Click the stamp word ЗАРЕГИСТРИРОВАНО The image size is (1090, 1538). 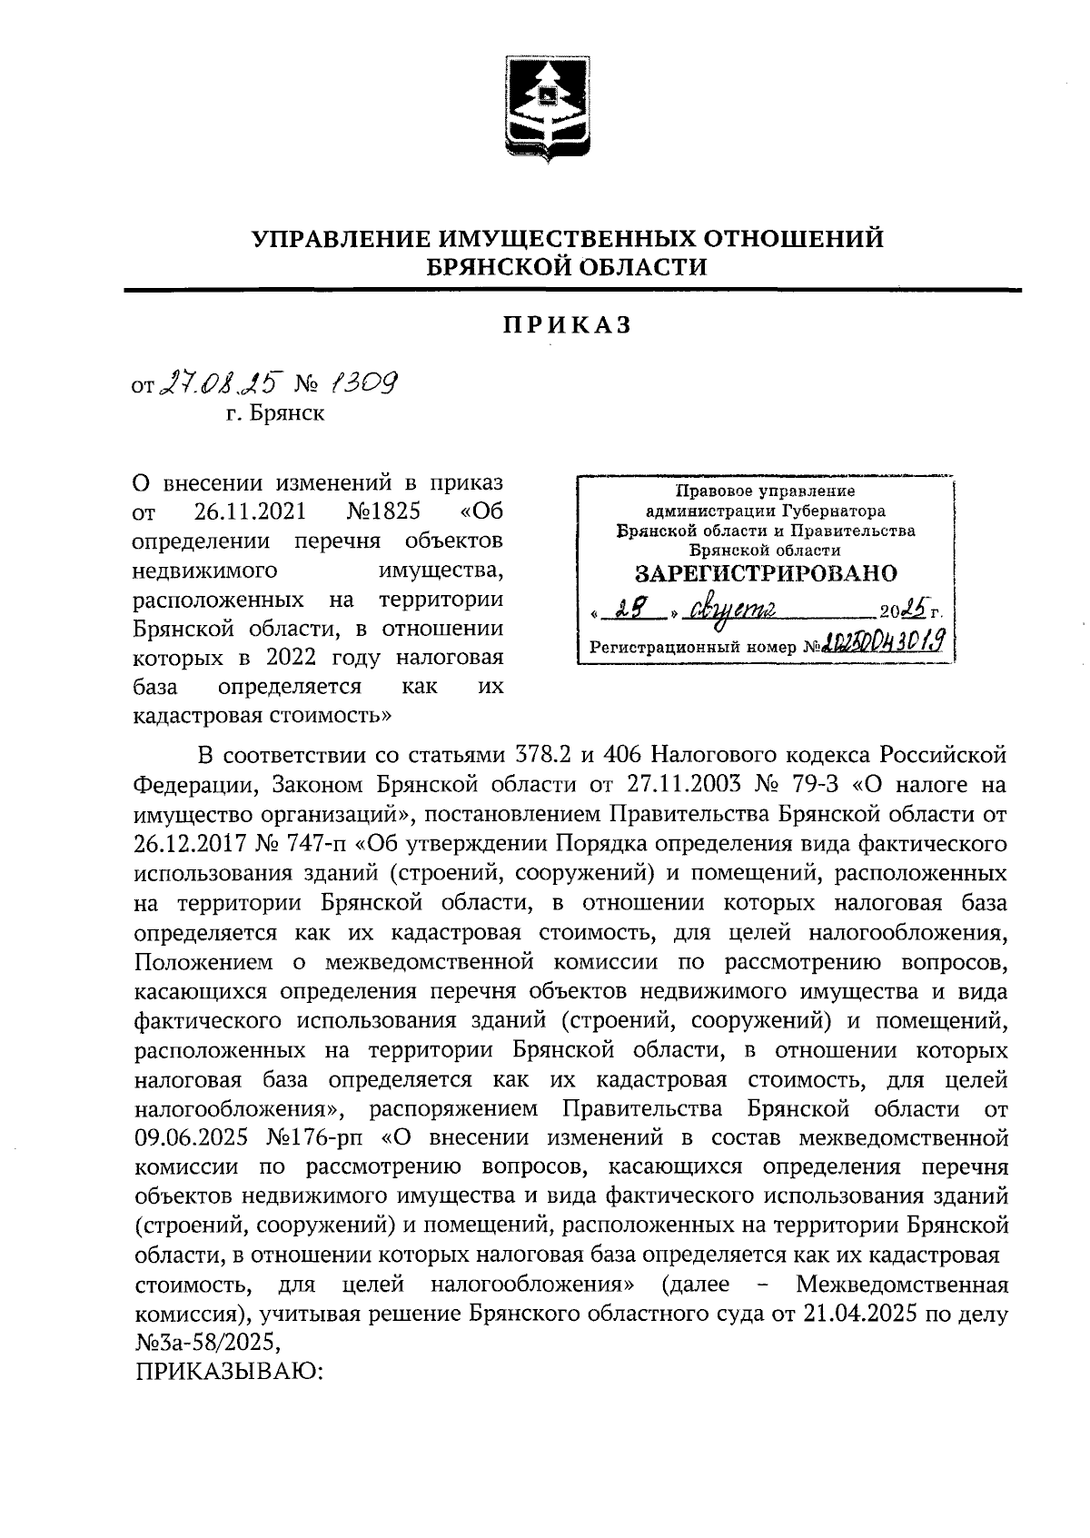point(765,573)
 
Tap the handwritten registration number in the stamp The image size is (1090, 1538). point(880,645)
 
